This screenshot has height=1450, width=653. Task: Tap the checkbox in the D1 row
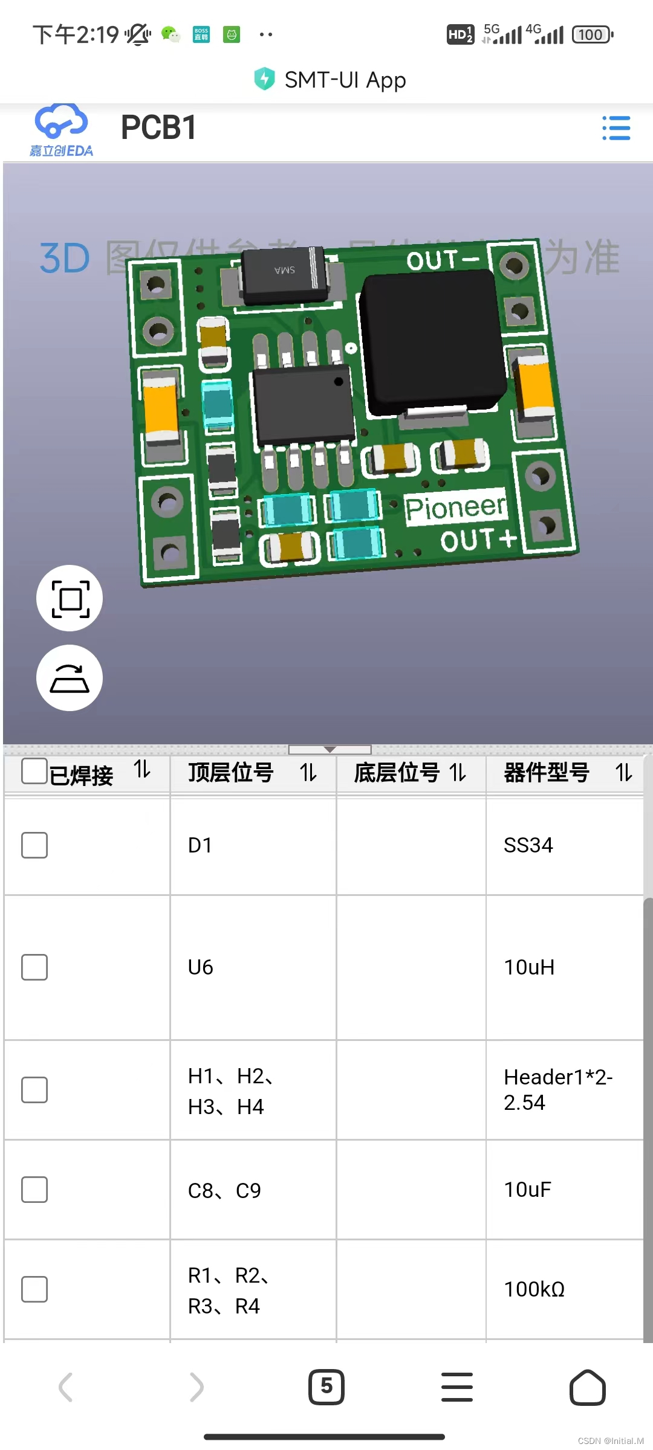click(x=34, y=845)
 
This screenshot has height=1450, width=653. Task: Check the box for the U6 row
click(x=34, y=967)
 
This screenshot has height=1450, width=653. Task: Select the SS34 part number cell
click(x=528, y=845)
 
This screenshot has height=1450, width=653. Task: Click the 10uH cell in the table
click(x=529, y=967)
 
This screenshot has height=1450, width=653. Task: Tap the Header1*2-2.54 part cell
click(x=557, y=1089)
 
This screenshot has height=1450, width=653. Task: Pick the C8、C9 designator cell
click(x=224, y=1190)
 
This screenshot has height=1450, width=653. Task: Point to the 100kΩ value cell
click(x=534, y=1289)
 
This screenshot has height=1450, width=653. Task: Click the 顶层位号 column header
click(x=231, y=773)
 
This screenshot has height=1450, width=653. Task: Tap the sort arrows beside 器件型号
click(x=623, y=772)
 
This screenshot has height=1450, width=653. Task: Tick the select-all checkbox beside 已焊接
click(x=34, y=771)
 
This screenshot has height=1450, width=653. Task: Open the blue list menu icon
click(x=616, y=128)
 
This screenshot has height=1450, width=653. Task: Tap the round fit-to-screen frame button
click(x=70, y=598)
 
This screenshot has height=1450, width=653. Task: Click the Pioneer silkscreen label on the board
click(x=455, y=507)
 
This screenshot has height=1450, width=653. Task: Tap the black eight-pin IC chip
click(x=304, y=403)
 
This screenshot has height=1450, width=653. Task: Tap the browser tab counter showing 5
click(x=326, y=1387)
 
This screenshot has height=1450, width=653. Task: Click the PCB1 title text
click(x=158, y=128)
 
